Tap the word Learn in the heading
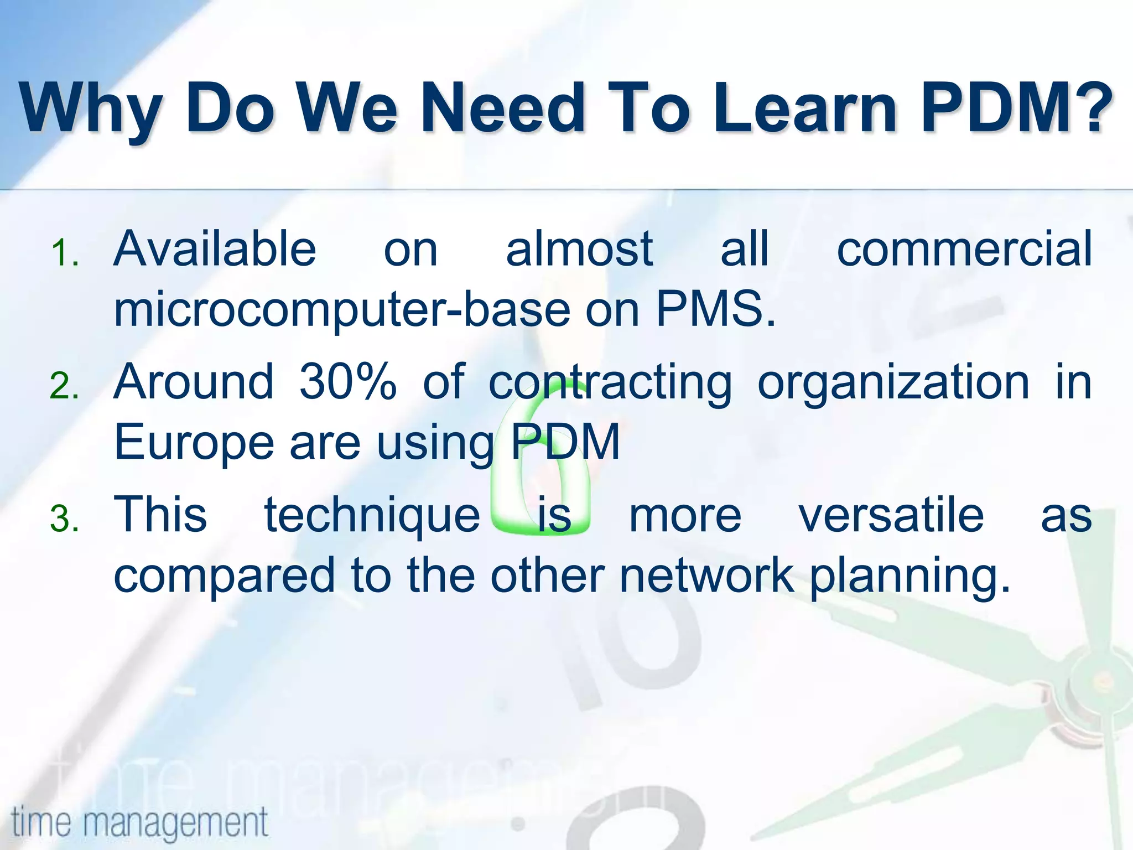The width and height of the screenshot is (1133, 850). tap(804, 107)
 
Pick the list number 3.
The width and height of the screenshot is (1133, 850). tap(65, 519)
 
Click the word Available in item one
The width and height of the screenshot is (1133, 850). tap(215, 248)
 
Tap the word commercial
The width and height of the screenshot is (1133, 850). tap(964, 248)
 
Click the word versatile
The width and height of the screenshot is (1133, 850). tap(891, 515)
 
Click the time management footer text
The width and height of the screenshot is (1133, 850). tap(139, 822)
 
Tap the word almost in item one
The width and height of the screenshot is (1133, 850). tap(579, 248)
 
